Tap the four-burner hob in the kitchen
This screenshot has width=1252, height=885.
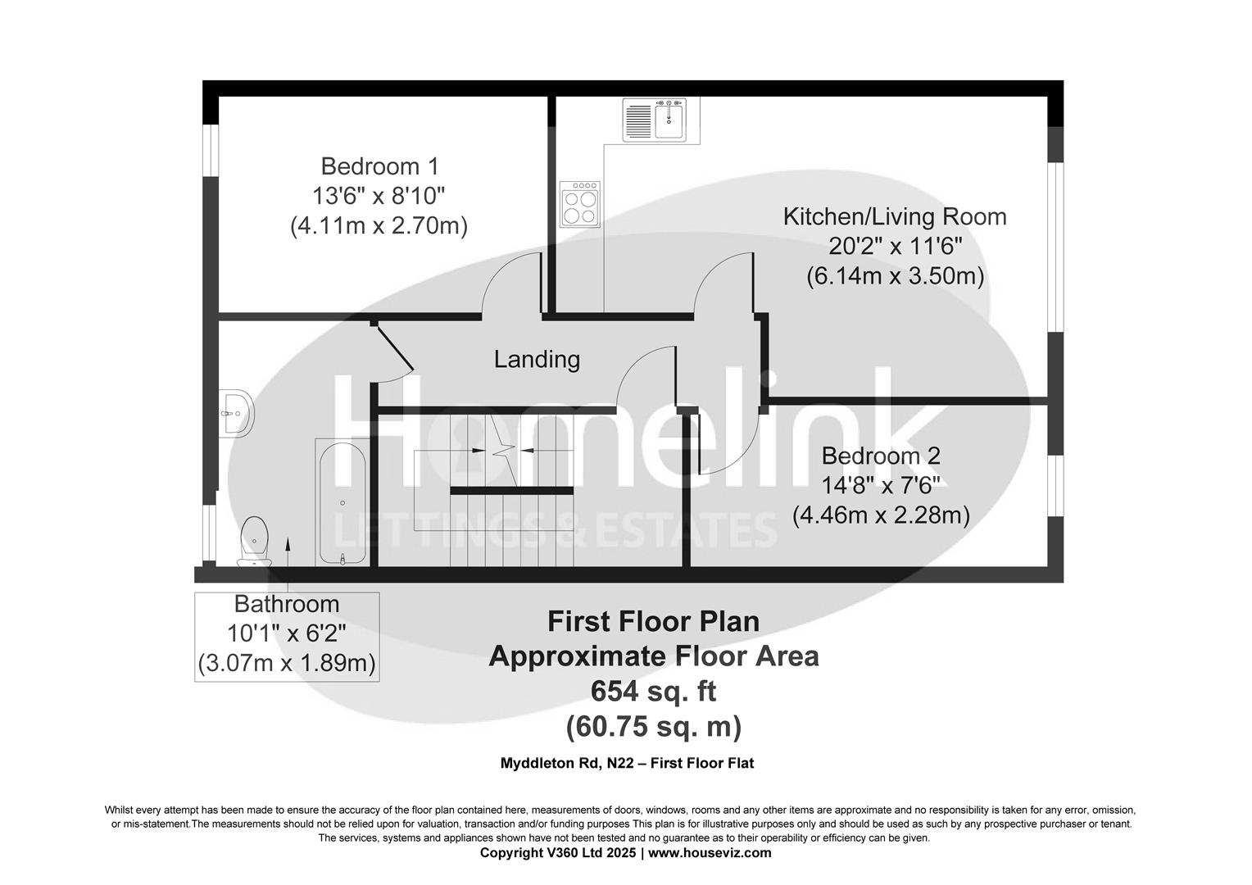tap(580, 203)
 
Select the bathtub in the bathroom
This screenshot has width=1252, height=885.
tap(342, 502)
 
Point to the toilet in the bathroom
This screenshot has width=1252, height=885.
tap(254, 541)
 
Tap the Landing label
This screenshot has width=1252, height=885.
tap(537, 359)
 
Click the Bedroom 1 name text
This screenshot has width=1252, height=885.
tap(379, 166)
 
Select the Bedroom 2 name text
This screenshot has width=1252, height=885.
tap(881, 456)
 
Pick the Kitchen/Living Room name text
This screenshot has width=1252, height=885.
tap(895, 216)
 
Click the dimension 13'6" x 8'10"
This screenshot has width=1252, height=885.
tap(379, 196)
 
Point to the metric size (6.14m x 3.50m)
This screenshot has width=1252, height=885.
tap(895, 276)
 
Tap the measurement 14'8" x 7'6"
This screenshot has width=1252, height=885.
tap(881, 485)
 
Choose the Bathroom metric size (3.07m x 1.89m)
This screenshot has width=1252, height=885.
tap(287, 663)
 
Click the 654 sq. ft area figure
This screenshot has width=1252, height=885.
tap(653, 692)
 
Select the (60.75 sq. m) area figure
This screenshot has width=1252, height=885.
tap(653, 726)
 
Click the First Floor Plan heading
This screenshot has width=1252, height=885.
tap(653, 621)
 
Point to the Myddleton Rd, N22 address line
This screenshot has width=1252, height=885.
tap(627, 763)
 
